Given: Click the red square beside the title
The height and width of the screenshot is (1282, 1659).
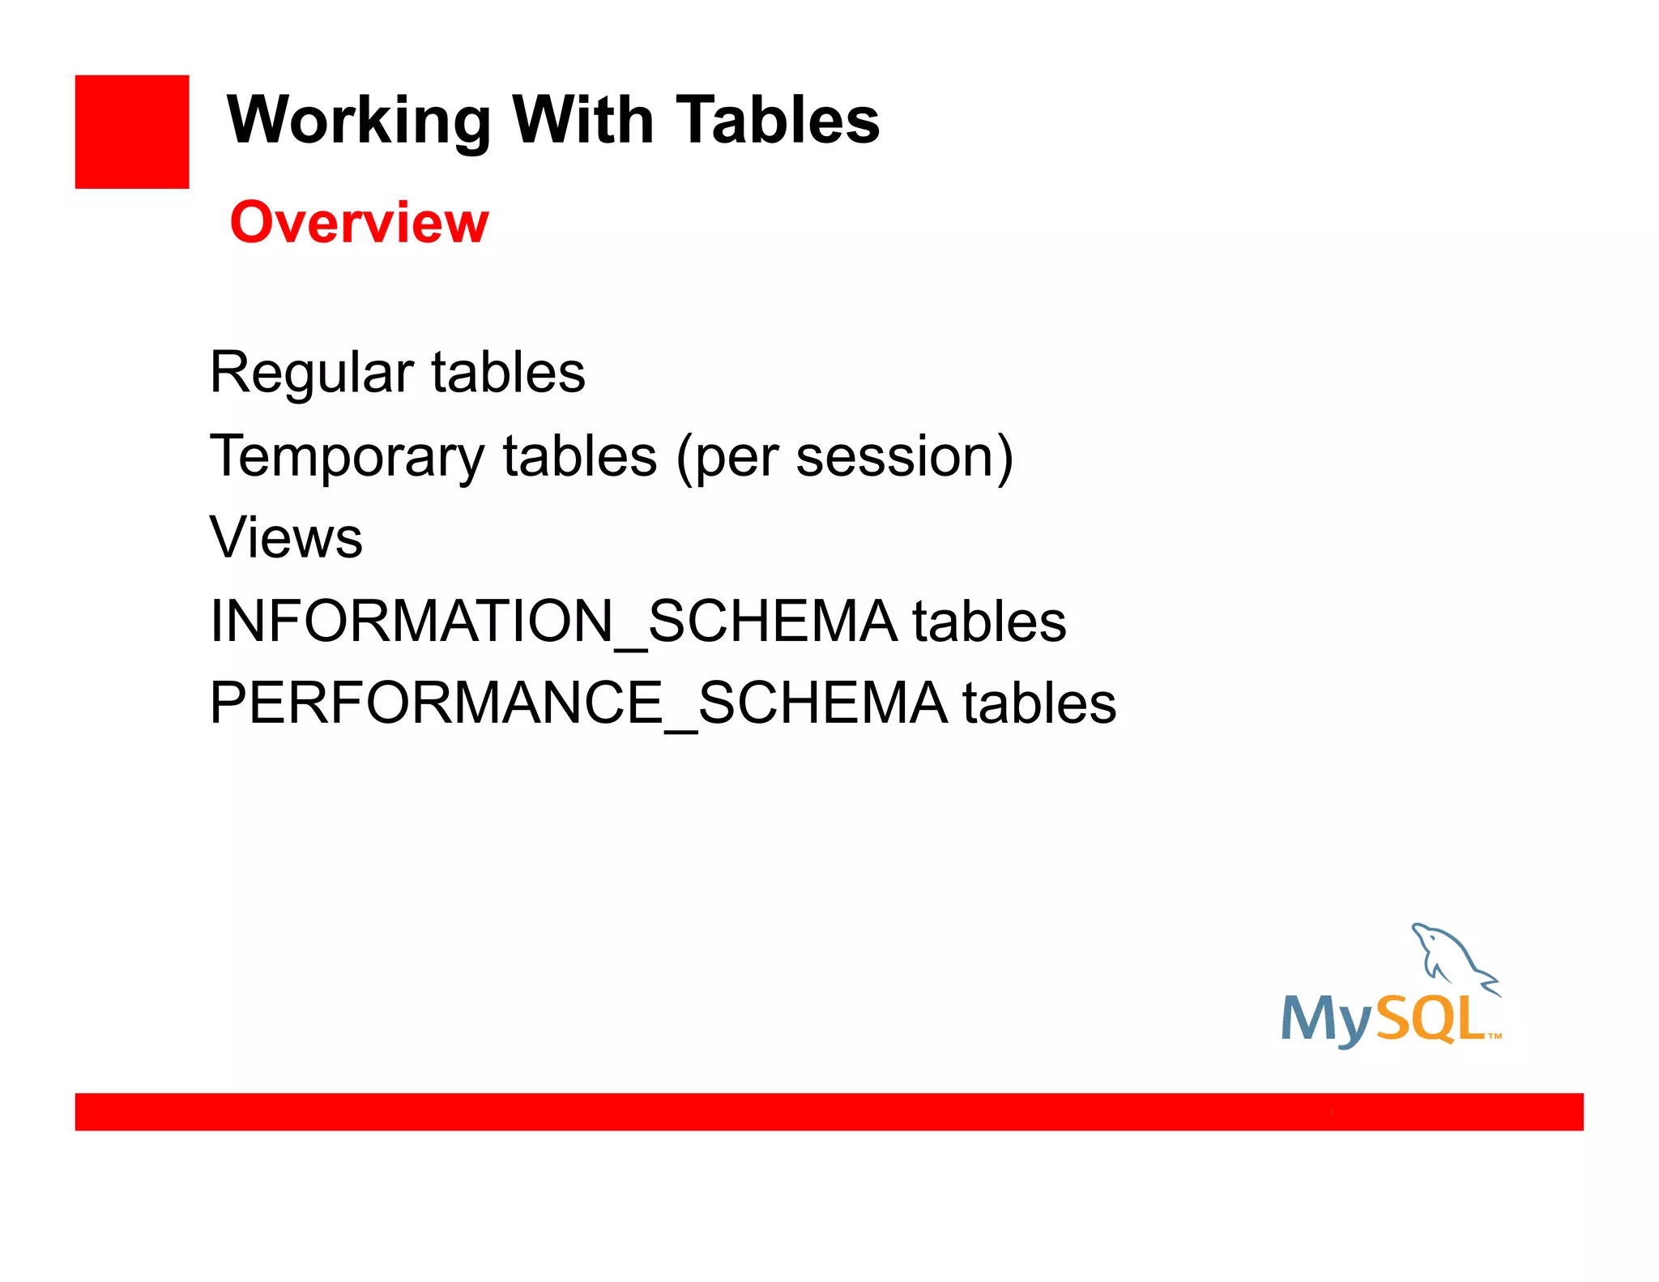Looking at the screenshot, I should pyautogui.click(x=132, y=132).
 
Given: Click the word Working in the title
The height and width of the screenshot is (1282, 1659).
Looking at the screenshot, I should pyautogui.click(x=359, y=120).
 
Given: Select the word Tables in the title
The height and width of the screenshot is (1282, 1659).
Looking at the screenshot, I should pyautogui.click(x=778, y=120).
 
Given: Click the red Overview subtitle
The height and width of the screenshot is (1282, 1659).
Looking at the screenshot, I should pyautogui.click(x=360, y=222).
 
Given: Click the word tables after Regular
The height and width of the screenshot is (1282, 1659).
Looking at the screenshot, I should pyautogui.click(x=508, y=372).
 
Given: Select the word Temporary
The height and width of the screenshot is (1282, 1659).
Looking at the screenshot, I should pyautogui.click(x=347, y=457).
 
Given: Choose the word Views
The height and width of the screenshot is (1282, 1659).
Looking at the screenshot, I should pyautogui.click(x=286, y=537).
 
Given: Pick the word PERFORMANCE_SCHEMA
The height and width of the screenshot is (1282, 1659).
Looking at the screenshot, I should pyautogui.click(x=578, y=703).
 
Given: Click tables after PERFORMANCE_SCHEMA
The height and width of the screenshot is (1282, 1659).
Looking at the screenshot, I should pyautogui.click(x=1039, y=703).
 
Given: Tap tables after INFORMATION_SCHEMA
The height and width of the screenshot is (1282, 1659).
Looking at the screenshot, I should pyautogui.click(x=989, y=622).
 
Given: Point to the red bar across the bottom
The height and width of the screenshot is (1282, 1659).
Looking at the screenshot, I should pyautogui.click(x=829, y=1111).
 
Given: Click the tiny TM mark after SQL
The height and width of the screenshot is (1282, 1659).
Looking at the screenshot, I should pyautogui.click(x=1495, y=1036).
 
